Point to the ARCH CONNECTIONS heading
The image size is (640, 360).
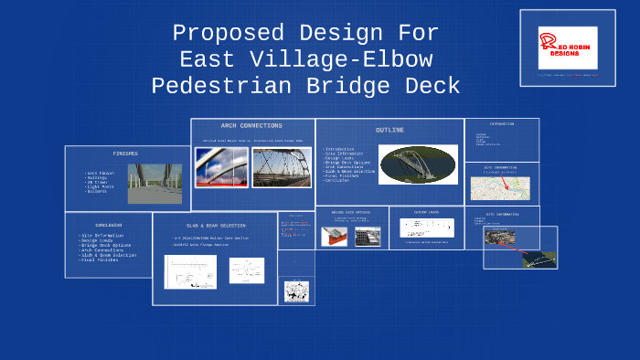click(x=251, y=126)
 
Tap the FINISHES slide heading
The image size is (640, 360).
click(x=125, y=154)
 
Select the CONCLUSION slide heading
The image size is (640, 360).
click(x=108, y=224)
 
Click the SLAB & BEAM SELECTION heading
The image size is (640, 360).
click(x=216, y=225)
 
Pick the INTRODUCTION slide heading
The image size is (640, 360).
click(x=501, y=123)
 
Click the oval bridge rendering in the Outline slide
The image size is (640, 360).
click(x=418, y=164)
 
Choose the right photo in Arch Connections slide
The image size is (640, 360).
click(x=282, y=167)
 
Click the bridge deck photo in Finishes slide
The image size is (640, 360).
click(x=148, y=183)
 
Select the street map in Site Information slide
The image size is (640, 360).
click(x=500, y=188)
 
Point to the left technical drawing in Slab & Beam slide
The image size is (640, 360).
click(x=190, y=271)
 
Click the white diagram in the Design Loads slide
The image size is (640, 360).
click(x=426, y=228)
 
